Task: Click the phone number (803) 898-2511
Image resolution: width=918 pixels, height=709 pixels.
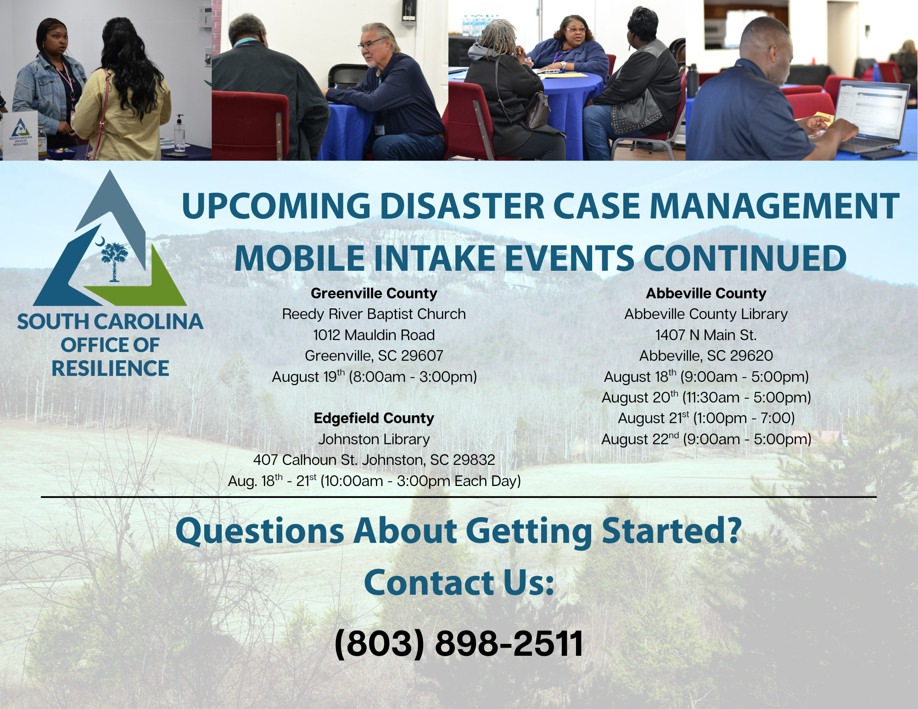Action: (459, 643)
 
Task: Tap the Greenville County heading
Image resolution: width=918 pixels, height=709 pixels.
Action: (374, 293)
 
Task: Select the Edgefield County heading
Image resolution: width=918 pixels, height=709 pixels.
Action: (374, 418)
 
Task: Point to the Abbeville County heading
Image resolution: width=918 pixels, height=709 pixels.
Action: (706, 293)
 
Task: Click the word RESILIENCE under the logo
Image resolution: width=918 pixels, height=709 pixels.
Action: (110, 368)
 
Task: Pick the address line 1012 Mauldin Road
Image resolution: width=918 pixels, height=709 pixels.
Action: (374, 335)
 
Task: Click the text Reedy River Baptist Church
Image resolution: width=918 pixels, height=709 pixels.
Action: (374, 314)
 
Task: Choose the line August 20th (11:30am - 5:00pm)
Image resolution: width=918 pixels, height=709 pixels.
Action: (706, 397)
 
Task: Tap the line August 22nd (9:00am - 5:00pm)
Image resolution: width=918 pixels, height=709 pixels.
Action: (706, 439)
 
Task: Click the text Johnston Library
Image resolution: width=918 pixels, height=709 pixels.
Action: (374, 439)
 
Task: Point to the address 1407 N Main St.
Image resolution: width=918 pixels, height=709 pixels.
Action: (706, 335)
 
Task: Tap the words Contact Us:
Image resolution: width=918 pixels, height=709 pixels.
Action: (459, 582)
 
